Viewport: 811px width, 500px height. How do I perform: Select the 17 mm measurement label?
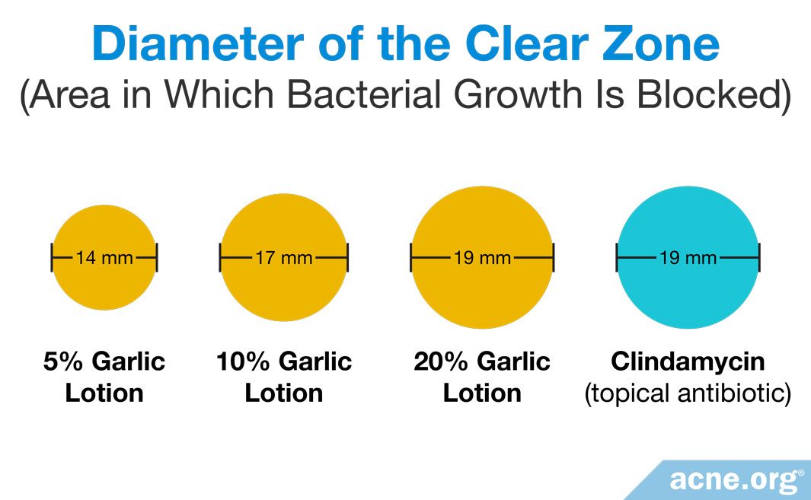click(x=283, y=258)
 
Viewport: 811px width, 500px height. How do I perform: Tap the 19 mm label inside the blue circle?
click(x=688, y=258)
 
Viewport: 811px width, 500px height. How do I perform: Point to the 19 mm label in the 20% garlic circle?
click(x=482, y=258)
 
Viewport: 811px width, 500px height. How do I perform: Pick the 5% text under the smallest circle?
click(x=60, y=361)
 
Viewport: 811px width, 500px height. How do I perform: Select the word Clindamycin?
click(x=688, y=361)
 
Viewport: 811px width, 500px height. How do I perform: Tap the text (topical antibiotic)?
click(x=688, y=393)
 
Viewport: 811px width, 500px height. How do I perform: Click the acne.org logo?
click(x=736, y=480)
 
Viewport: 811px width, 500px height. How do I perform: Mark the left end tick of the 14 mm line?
click(x=52, y=258)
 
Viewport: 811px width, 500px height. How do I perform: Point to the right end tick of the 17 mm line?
click(x=347, y=258)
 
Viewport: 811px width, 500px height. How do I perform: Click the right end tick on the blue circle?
click(x=759, y=258)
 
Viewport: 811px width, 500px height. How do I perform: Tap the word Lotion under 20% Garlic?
click(x=482, y=393)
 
